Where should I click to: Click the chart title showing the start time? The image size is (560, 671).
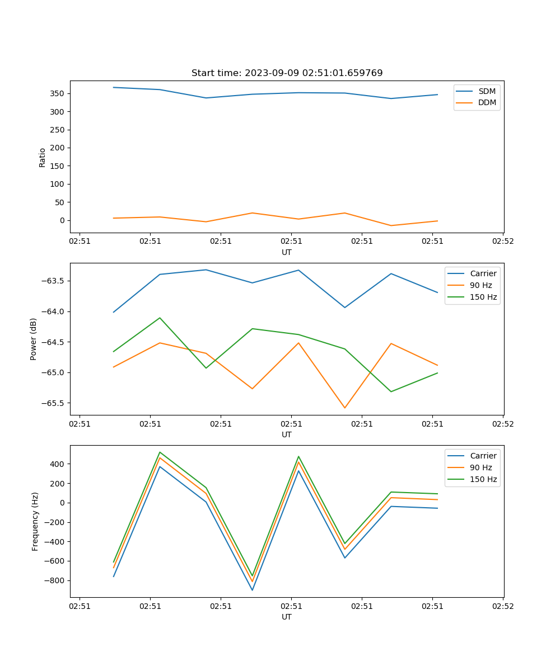(287, 73)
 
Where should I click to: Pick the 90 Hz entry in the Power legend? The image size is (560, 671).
(480, 285)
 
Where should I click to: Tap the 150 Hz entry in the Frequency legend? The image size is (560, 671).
(483, 479)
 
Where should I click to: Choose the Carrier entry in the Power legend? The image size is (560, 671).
(483, 273)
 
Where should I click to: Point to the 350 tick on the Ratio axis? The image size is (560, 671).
(58, 93)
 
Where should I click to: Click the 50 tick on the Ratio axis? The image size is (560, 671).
(60, 202)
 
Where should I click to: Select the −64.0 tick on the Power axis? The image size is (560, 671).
(53, 311)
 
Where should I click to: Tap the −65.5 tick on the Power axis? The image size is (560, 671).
(53, 403)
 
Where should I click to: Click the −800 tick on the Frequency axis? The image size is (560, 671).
(55, 580)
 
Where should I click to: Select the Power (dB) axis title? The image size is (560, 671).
(34, 339)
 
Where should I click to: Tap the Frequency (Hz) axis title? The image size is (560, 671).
(35, 521)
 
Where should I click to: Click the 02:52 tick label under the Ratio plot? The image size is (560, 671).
(502, 242)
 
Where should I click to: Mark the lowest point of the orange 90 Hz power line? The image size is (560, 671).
(345, 408)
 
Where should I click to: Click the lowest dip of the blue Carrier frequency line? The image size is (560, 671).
(252, 590)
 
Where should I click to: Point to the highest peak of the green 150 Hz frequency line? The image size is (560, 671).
(160, 452)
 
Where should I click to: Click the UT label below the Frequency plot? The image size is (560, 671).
(287, 617)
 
